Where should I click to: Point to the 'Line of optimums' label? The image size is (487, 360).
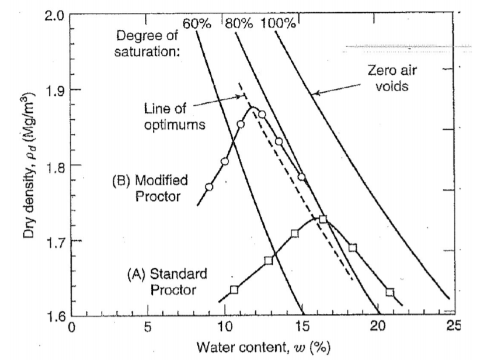pyautogui.click(x=170, y=116)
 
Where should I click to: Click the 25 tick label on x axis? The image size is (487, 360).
pyautogui.click(x=453, y=326)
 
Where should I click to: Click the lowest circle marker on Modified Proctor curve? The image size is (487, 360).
pyautogui.click(x=209, y=187)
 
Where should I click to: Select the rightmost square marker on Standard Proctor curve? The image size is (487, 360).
pyautogui.click(x=389, y=292)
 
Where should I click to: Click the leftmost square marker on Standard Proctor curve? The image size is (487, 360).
pyautogui.click(x=234, y=289)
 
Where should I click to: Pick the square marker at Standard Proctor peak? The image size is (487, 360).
pyautogui.click(x=322, y=219)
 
